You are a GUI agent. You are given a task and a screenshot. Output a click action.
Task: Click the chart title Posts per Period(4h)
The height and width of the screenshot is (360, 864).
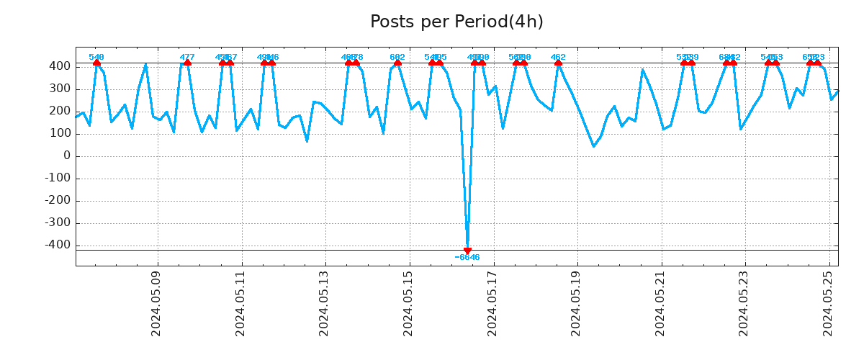(x=456, y=22)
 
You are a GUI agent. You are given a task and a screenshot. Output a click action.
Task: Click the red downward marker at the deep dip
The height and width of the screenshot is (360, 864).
(x=467, y=251)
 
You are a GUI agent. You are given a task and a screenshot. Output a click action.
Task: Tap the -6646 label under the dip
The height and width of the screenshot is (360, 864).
(x=467, y=258)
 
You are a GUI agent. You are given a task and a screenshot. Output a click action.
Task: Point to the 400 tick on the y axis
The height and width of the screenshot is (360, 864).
(x=60, y=66)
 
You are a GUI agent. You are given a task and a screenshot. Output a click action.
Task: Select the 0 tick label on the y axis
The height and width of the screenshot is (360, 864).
(x=67, y=156)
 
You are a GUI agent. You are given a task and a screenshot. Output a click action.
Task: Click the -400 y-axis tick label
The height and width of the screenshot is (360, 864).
(x=57, y=245)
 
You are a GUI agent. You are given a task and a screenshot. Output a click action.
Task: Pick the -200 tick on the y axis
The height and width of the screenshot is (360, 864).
(x=57, y=200)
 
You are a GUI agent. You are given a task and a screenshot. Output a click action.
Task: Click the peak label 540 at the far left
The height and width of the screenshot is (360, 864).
(x=96, y=57)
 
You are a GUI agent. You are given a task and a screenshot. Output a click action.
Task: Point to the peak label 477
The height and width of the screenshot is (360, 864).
(x=187, y=57)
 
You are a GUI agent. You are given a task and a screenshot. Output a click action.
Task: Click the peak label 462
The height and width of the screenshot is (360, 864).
(x=558, y=57)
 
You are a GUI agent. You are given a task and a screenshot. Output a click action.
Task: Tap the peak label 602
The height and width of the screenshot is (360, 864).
(x=397, y=57)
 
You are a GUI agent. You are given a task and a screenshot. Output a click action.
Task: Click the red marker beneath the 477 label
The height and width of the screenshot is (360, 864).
(x=187, y=63)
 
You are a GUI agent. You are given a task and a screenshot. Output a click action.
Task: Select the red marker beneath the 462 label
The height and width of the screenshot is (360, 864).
(x=558, y=63)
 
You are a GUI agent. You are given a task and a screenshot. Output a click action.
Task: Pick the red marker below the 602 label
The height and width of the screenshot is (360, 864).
(x=397, y=63)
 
